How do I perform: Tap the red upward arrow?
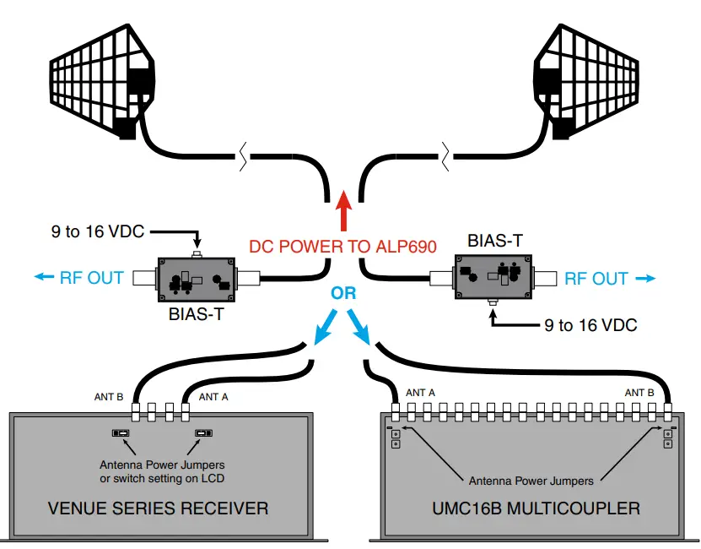342,211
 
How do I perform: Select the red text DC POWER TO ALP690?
342,247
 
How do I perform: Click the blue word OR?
343,294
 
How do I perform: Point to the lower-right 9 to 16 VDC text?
590,325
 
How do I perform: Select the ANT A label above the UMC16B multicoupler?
420,393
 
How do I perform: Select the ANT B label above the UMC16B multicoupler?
639,393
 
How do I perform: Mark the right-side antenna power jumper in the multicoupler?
667,438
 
